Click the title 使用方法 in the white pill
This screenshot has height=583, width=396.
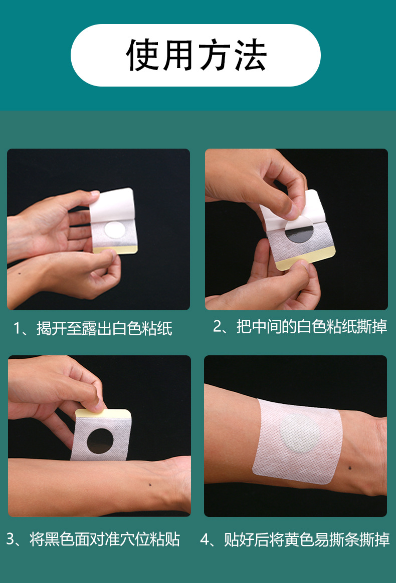tap(196, 55)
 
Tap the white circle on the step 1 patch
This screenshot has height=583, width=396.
tap(115, 230)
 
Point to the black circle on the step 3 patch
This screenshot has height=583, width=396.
tap(100, 441)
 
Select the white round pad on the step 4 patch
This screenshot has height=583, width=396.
tap(300, 433)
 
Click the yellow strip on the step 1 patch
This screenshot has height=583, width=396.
tap(115, 250)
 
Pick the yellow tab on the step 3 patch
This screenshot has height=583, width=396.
tap(102, 413)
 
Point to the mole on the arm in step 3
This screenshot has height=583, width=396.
tap(150, 484)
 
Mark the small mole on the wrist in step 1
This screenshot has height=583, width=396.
tap(20, 274)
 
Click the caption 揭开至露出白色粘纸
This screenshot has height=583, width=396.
tap(104, 329)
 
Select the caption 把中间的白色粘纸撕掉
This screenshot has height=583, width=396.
tap(312, 326)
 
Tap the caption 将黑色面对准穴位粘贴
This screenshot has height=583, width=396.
tap(105, 539)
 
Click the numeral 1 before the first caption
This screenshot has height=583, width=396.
tap(17, 329)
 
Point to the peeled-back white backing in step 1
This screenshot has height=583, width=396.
tap(112, 206)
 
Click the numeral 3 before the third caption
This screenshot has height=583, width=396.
tap(11, 539)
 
